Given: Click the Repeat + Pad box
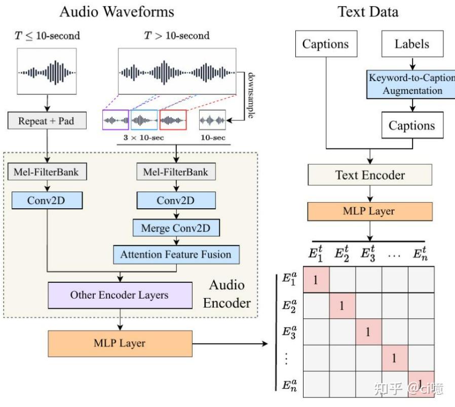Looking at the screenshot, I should (46, 121).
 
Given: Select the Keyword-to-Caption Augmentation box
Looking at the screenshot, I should (412, 84).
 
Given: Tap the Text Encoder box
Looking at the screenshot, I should (369, 175).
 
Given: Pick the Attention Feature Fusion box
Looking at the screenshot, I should (175, 254).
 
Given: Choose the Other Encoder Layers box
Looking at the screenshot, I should (120, 295).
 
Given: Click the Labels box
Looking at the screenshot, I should (412, 44).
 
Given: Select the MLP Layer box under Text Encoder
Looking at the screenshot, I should (369, 211).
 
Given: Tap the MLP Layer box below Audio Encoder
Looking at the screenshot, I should (120, 343).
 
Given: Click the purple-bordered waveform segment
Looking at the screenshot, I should (116, 120).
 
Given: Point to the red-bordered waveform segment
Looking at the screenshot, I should (173, 120).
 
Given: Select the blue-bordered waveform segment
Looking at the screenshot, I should (144, 120).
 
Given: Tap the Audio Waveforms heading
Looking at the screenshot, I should (117, 11).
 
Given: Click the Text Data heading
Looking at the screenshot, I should (368, 11).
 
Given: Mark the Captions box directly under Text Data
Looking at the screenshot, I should (325, 44).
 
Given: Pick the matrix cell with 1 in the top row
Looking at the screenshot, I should (316, 279).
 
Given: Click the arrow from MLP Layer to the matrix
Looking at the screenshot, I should (231, 344).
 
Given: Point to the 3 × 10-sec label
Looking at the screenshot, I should (144, 137).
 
